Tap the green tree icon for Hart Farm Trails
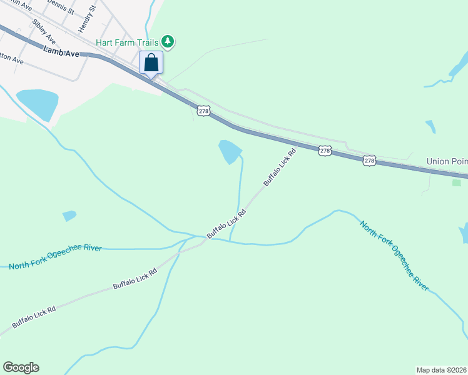(x=167, y=42)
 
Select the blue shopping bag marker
(x=151, y=63)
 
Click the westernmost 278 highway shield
(x=203, y=111)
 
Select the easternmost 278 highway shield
(x=369, y=161)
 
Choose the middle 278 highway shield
(x=324, y=151)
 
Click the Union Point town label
(x=447, y=161)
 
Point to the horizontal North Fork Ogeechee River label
(x=55, y=257)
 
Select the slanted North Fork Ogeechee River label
(x=394, y=255)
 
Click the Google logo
(x=21, y=367)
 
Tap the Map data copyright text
(x=442, y=369)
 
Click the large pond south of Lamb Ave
(x=38, y=104)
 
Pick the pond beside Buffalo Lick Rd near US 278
(x=230, y=152)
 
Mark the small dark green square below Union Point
(x=455, y=182)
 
